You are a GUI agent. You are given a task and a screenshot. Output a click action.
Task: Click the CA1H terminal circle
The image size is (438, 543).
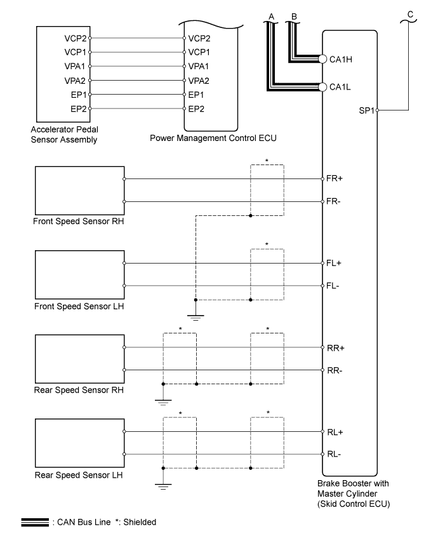pyautogui.click(x=322, y=59)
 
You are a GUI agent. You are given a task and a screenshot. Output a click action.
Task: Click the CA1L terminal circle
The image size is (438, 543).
pyautogui.click(x=322, y=87)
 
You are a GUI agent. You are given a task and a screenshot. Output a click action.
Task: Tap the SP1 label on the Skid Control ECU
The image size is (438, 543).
pyautogui.click(x=366, y=111)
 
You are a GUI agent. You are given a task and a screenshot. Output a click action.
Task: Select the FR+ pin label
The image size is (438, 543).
pyautogui.click(x=335, y=178)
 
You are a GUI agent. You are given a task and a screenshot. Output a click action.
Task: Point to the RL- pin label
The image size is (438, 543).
pyautogui.click(x=334, y=454)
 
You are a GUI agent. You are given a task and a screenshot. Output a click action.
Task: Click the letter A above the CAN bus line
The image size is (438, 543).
pyautogui.click(x=272, y=17)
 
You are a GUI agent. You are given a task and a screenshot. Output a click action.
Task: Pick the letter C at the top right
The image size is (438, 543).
pyautogui.click(x=410, y=15)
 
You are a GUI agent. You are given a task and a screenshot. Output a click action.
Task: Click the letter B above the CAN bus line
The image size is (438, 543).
pyautogui.click(x=294, y=17)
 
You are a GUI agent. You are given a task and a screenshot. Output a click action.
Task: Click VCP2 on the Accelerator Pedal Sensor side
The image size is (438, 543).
pyautogui.click(x=75, y=38)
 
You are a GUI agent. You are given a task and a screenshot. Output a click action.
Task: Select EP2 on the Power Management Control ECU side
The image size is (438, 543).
pyautogui.click(x=196, y=109)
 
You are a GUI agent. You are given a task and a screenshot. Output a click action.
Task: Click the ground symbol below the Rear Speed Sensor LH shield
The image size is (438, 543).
pyautogui.click(x=163, y=486)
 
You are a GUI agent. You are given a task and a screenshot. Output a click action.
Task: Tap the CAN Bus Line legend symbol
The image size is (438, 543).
pyautogui.click(x=35, y=522)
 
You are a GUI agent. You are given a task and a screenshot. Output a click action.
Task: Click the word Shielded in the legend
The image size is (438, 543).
pyautogui.click(x=140, y=522)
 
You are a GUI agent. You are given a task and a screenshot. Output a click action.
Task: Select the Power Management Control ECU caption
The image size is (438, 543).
pyautogui.click(x=213, y=138)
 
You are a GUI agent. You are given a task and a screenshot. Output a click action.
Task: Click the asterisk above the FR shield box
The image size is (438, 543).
pyautogui.click(x=267, y=161)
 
